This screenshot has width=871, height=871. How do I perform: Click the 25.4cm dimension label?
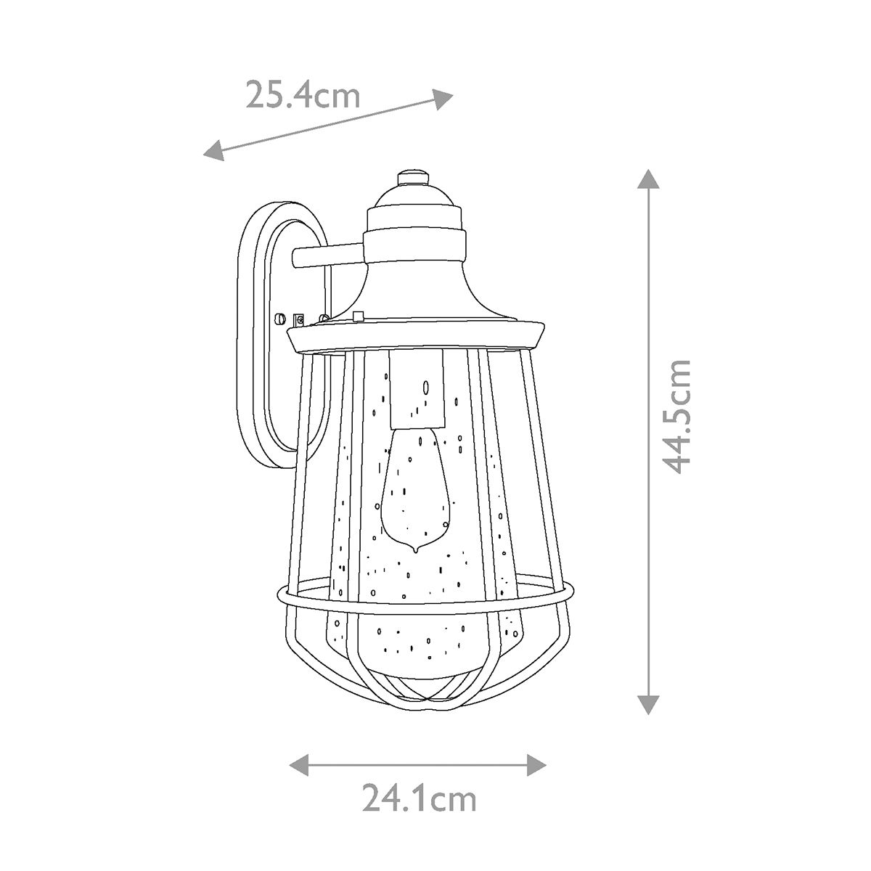(x=303, y=95)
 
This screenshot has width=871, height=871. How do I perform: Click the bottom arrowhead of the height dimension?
(x=648, y=703)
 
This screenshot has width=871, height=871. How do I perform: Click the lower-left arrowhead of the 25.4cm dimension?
(x=213, y=150)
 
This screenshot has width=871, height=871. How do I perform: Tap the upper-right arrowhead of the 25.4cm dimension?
(x=443, y=98)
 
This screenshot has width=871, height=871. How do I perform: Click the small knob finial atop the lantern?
(x=412, y=178)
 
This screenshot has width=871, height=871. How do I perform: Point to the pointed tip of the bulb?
(x=415, y=549)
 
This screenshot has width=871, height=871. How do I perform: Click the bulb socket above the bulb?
(x=415, y=388)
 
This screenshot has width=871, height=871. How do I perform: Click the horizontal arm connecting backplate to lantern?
(x=327, y=256)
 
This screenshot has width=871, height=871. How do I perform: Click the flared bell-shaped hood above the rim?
(x=414, y=290)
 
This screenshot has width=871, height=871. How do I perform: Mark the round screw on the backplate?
(x=279, y=317)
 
